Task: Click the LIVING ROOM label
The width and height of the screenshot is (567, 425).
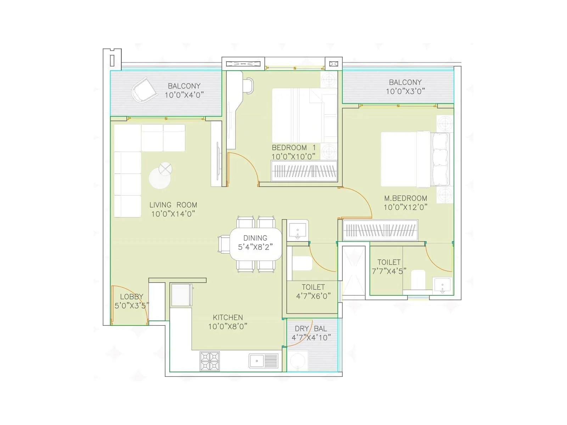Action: pos(173,205)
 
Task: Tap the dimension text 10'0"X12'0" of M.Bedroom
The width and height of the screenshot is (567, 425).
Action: pos(405,207)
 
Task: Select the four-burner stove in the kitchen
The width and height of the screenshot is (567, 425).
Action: pos(209,361)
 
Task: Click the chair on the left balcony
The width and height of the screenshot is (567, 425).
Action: pos(144,90)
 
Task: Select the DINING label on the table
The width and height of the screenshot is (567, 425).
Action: pos(255,238)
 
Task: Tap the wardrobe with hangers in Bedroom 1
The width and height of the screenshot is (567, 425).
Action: pos(304,171)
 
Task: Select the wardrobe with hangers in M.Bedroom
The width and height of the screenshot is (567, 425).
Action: pos(380,231)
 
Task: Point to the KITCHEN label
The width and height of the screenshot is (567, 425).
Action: pos(228,317)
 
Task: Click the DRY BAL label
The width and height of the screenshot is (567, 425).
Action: pos(311,329)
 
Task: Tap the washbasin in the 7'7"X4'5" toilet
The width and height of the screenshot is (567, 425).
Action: pos(443,286)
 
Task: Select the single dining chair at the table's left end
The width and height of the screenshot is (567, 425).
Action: pos(224,244)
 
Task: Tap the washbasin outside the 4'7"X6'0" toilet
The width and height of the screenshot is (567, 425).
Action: pos(298,230)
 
